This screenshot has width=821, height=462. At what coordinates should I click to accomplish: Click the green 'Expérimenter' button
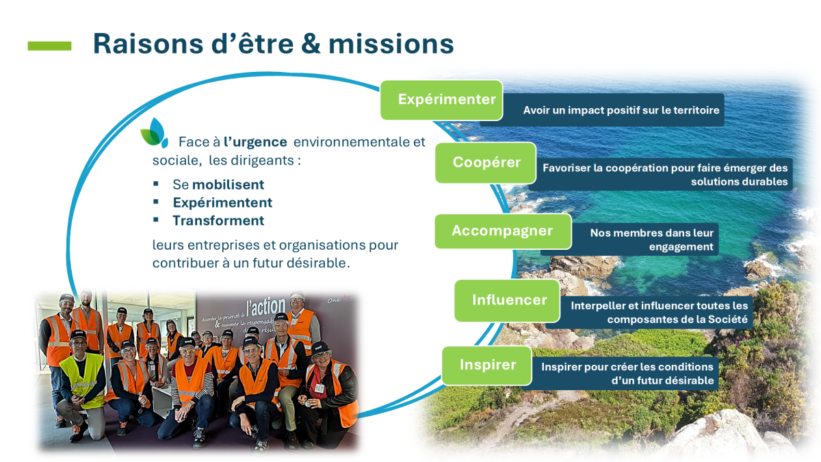click(442, 100)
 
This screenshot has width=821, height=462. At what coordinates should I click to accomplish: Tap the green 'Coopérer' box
click(486, 162)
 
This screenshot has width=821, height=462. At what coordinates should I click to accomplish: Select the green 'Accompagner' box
click(503, 231)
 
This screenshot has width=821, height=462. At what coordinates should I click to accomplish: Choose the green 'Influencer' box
click(507, 300)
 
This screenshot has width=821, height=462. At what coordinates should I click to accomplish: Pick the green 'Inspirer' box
click(486, 365)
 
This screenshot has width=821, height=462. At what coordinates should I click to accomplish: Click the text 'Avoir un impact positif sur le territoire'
click(621, 110)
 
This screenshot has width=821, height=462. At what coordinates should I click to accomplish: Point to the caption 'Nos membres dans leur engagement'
click(651, 240)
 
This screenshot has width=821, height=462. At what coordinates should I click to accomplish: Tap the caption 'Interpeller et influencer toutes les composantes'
click(659, 312)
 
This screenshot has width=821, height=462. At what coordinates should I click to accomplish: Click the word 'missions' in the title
click(391, 44)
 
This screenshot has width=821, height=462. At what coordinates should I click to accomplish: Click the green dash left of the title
click(49, 46)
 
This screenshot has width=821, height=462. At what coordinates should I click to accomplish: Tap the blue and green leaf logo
click(155, 133)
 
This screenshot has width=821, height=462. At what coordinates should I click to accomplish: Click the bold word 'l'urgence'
click(255, 142)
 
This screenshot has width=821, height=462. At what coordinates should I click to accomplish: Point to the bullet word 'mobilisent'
click(228, 184)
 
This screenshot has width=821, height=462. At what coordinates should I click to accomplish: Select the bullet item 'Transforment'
click(218, 220)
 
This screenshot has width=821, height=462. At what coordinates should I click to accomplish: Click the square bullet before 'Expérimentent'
click(156, 201)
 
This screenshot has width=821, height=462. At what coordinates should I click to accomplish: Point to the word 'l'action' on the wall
click(265, 307)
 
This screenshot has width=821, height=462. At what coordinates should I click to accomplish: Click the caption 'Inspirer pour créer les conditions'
click(627, 367)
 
